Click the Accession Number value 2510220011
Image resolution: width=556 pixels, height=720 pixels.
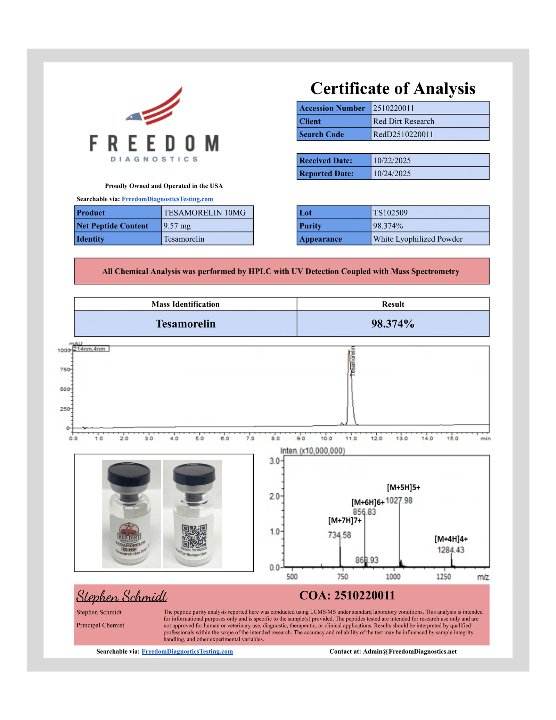click(x=393, y=108)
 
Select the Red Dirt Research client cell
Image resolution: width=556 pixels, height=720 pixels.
click(x=403, y=121)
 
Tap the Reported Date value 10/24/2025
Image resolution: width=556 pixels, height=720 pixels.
click(x=392, y=173)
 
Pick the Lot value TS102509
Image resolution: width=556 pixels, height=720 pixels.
click(x=390, y=213)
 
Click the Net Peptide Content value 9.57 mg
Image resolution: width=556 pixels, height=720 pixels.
click(x=177, y=226)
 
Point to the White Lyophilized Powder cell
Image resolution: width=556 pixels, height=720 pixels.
click(x=418, y=239)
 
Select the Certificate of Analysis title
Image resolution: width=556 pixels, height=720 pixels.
click(x=393, y=88)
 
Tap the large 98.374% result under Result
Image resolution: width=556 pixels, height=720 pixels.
click(x=393, y=324)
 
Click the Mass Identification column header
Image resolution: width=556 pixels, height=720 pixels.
click(x=185, y=304)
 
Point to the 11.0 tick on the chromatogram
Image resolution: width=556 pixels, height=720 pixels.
click(x=351, y=438)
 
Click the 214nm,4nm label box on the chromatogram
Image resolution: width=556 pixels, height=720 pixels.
click(x=91, y=349)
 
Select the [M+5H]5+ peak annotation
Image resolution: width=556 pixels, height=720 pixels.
click(x=403, y=487)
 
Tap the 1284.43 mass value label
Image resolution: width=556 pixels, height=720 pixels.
click(x=451, y=550)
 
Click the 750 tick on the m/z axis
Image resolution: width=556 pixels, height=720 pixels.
click(x=343, y=577)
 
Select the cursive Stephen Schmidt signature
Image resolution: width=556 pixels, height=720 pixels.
click(x=122, y=596)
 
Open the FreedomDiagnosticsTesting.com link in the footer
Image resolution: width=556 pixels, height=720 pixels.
click(x=187, y=651)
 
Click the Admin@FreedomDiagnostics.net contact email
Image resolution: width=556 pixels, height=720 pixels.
click(x=410, y=651)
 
